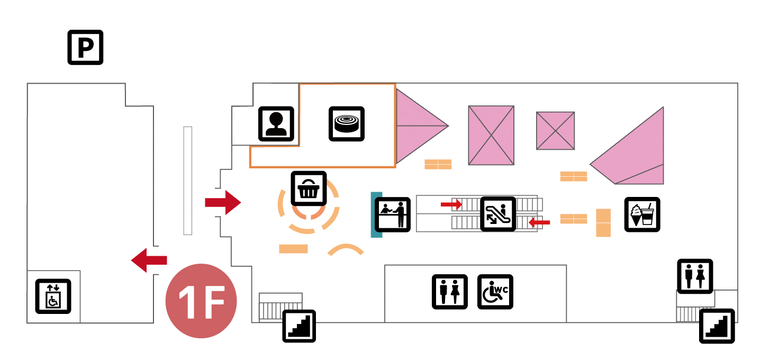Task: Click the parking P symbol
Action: pyautogui.click(x=85, y=48)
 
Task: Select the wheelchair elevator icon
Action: pyautogui.click(x=53, y=296)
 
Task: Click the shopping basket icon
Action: pyautogui.click(x=309, y=188)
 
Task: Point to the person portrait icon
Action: pyautogui.click(x=276, y=124)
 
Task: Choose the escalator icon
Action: pyautogui.click(x=498, y=214)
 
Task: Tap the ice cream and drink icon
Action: pyautogui.click(x=642, y=214)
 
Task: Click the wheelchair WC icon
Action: pyautogui.click(x=495, y=292)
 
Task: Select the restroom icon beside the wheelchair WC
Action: pyautogui.click(x=450, y=292)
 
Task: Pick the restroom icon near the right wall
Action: pyautogui.click(x=695, y=276)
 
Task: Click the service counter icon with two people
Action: pyautogui.click(x=393, y=215)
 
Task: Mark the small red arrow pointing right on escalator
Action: pyautogui.click(x=451, y=204)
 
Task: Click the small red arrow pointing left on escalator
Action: pyautogui.click(x=539, y=222)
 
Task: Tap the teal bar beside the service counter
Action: pyautogui.click(x=376, y=214)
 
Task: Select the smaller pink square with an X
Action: pyautogui.click(x=555, y=131)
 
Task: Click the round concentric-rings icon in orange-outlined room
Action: pyautogui.click(x=347, y=124)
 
